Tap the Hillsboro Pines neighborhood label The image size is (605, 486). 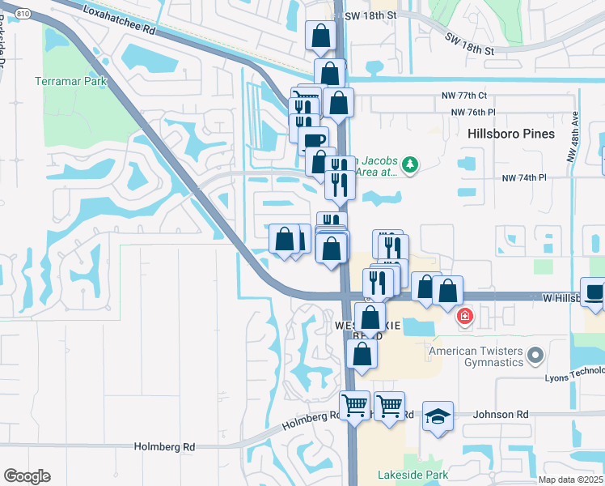coord(510,134)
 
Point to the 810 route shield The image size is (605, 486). coord(23,14)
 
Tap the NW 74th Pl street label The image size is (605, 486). coord(524,177)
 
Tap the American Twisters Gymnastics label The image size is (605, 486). coord(476,356)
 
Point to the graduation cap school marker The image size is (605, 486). coord(438,416)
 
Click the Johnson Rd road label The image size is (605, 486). coord(501,414)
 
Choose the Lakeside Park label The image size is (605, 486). coord(401,474)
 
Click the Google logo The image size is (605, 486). coord(27,475)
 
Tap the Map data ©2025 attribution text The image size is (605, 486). coord(570,480)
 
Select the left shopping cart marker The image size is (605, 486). coord(354,404)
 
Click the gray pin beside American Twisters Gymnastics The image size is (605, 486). coord(535,355)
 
